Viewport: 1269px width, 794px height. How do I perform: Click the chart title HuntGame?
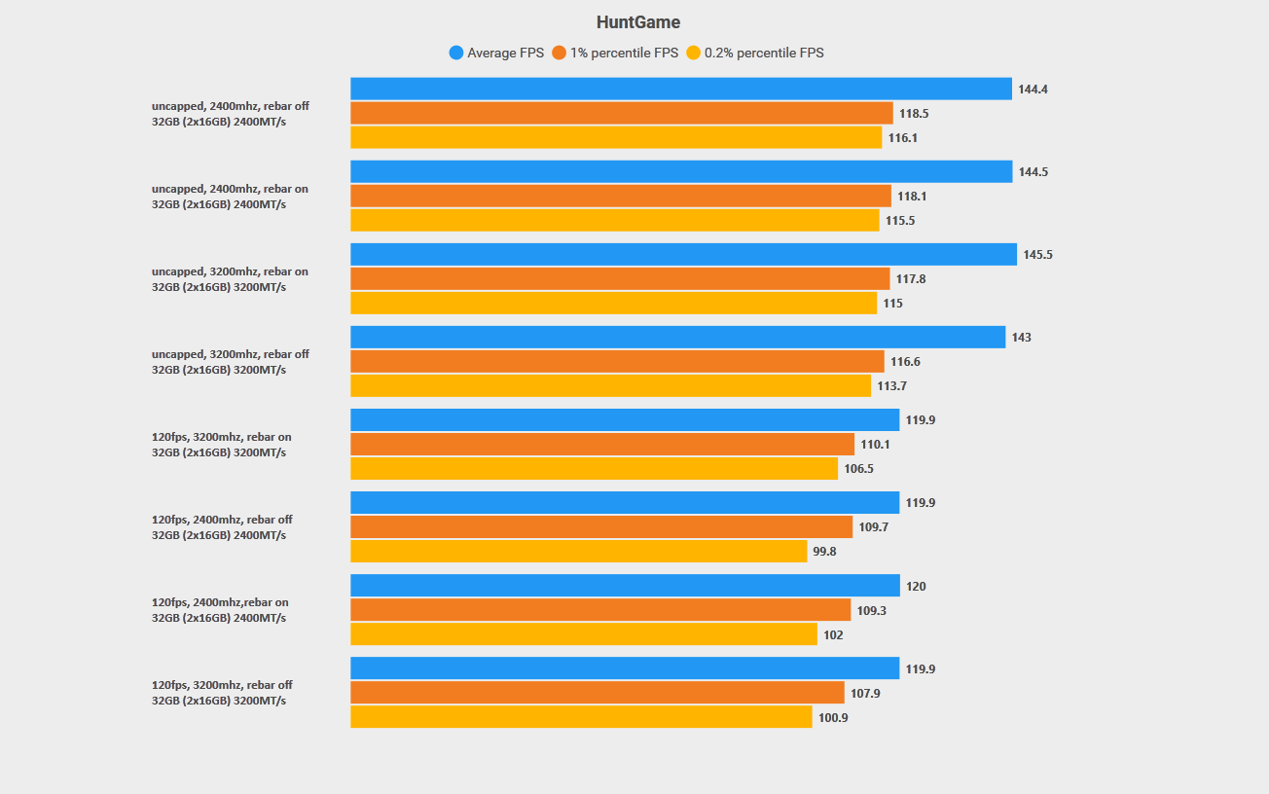tap(637, 22)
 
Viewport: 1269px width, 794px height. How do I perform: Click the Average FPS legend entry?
tap(496, 53)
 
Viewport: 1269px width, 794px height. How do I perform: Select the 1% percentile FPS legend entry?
tap(615, 53)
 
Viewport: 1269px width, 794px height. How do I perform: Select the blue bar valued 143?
tap(677, 337)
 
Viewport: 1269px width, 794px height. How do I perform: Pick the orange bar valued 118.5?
tap(621, 113)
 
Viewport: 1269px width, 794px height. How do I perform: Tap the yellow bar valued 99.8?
tap(578, 551)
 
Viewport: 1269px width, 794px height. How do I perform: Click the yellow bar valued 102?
tap(584, 634)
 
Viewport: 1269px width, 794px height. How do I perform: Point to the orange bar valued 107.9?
tap(597, 692)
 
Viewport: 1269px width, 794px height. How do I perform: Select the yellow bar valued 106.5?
tap(594, 468)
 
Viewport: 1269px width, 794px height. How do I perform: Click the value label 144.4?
tap(1033, 90)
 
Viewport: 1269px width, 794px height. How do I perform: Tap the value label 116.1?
tap(902, 138)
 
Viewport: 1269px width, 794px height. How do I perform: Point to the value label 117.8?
tap(911, 279)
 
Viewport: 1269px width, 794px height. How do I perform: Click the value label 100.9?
tap(833, 718)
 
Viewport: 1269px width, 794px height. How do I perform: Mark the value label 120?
tap(916, 587)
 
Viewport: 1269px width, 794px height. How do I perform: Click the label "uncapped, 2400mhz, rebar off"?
tap(230, 106)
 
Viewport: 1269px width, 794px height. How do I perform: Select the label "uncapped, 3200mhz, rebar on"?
tap(230, 271)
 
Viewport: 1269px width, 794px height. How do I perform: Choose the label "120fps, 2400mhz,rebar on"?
tap(220, 602)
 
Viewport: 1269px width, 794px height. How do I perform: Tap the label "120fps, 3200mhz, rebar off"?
tap(222, 685)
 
